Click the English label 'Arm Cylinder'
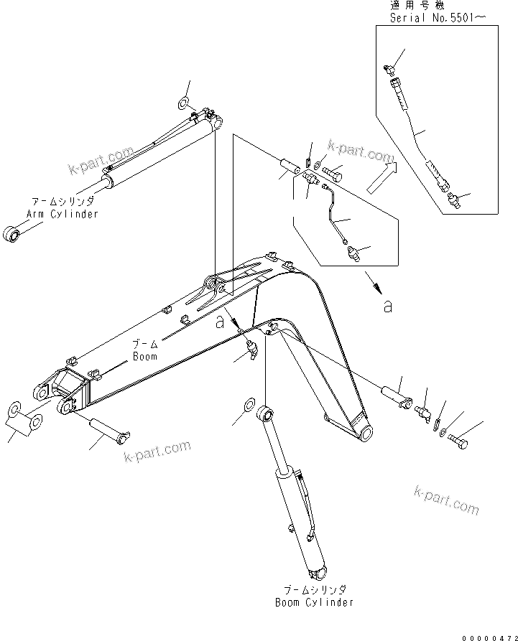(62, 214)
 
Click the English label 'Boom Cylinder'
(315, 602)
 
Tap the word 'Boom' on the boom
(144, 355)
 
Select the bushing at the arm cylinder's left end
(14, 234)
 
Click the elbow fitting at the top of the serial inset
(389, 69)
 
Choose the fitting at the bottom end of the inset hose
(450, 199)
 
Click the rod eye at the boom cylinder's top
(267, 413)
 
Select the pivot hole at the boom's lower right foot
(365, 433)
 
